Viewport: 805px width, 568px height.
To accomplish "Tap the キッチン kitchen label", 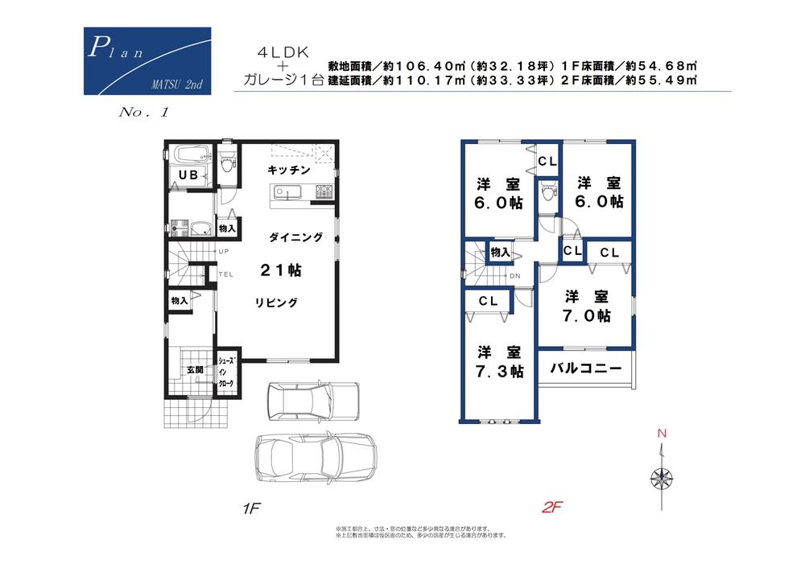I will coord(289,170).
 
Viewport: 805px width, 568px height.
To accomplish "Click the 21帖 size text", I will coord(280,271).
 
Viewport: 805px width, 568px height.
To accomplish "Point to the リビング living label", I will coord(277,303).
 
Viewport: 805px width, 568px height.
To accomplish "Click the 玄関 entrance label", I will coord(196,369).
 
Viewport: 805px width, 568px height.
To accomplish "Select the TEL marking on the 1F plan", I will coord(226,274).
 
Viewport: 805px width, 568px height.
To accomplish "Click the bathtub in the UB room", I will coord(188,153).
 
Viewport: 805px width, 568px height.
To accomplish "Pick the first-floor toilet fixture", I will coord(227,164).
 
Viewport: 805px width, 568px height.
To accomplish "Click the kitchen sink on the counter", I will coord(286,192).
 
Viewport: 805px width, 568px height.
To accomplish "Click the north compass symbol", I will coord(662,478).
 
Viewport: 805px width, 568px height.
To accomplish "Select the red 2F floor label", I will coord(551,508).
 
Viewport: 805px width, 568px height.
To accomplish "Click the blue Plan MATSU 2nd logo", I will coord(147,62).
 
